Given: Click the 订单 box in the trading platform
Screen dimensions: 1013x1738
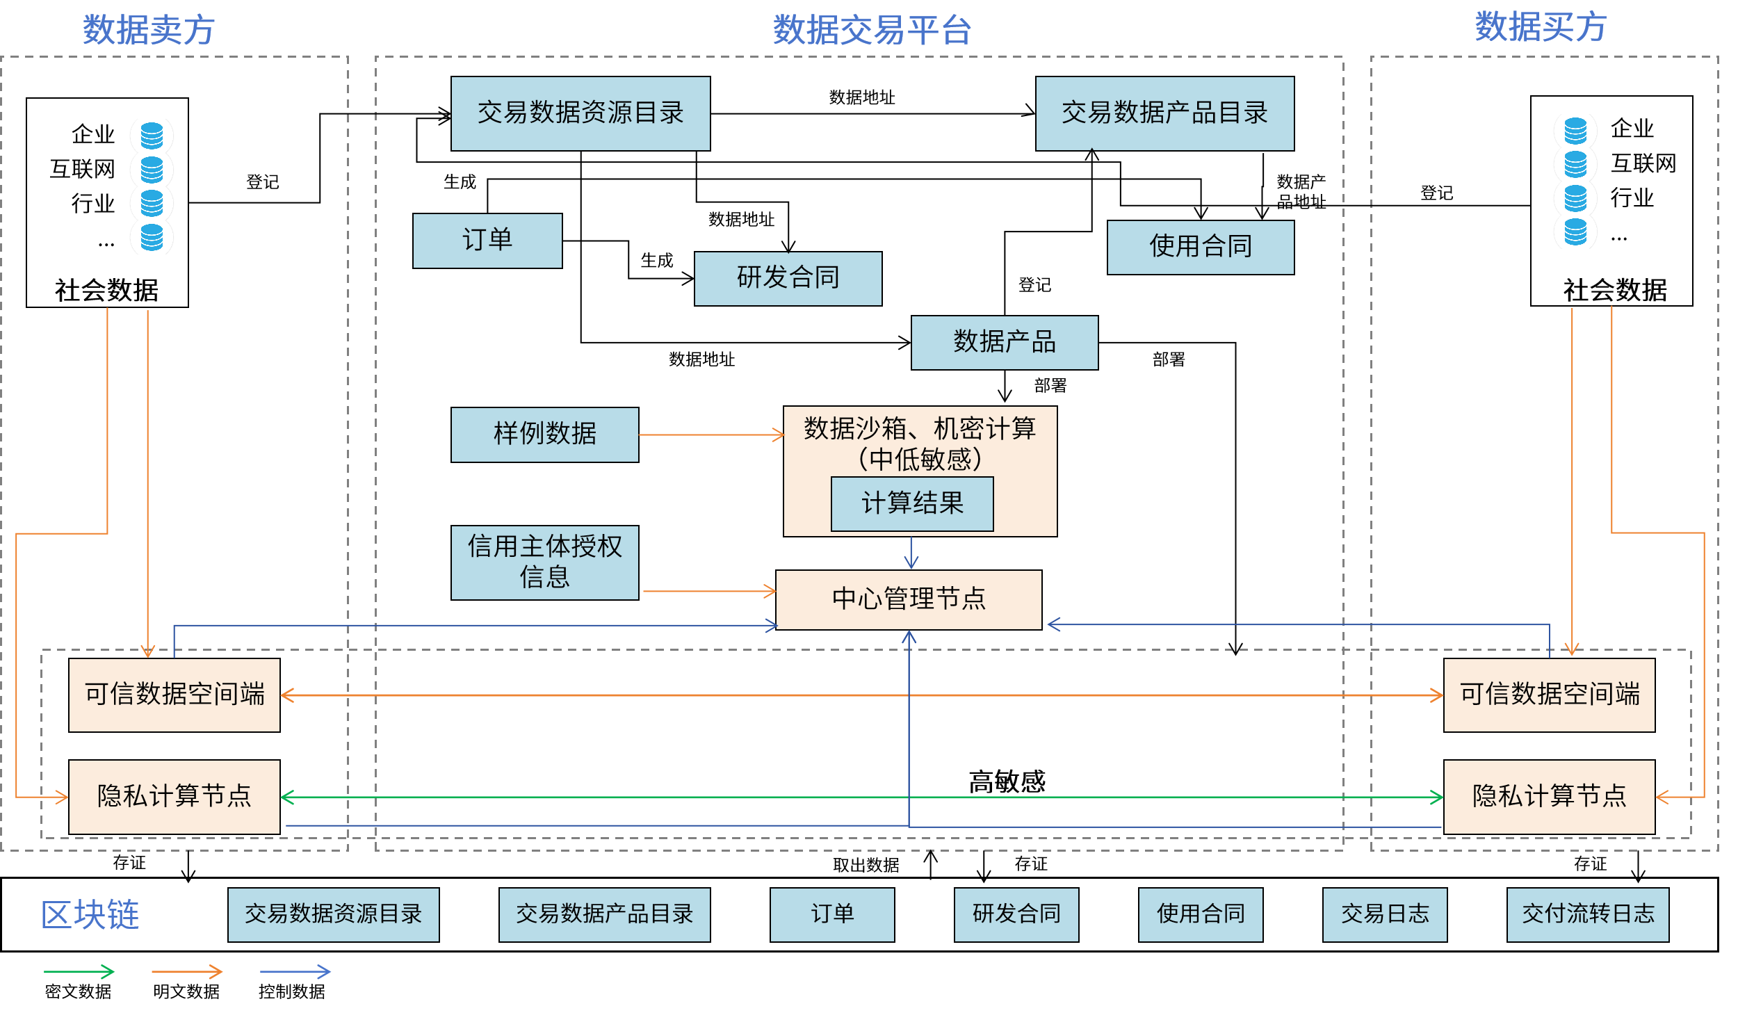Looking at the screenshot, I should click(487, 241).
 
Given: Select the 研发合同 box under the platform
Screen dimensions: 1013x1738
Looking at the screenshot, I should click(788, 278).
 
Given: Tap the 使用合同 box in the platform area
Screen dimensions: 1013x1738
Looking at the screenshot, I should click(1200, 247).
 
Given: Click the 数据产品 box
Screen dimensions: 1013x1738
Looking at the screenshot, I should click(1004, 342).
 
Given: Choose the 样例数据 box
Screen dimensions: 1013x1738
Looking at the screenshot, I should click(544, 435).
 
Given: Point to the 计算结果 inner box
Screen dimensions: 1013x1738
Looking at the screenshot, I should click(911, 503).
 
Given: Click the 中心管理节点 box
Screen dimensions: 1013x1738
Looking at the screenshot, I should click(908, 599).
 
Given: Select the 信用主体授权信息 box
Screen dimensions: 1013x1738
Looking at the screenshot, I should click(544, 562).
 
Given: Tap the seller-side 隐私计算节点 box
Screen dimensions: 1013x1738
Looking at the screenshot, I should click(174, 796).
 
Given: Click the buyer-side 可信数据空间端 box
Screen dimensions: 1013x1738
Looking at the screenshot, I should click(1548, 695).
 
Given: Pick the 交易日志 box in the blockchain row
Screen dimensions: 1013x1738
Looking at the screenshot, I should click(1384, 914).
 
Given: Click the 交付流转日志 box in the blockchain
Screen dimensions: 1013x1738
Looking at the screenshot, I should click(1587, 914).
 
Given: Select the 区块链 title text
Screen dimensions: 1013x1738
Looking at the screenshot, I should click(90, 914).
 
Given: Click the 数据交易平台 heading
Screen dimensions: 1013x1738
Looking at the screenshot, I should click(872, 31).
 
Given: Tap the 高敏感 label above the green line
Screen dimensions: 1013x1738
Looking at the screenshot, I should click(1007, 781).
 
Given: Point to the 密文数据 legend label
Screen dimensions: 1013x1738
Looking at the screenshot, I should click(78, 991).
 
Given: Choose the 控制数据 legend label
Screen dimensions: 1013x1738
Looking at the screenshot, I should click(291, 991).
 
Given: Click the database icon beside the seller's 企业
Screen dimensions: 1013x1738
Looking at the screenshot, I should click(152, 136).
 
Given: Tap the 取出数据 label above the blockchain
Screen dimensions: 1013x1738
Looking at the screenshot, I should click(866, 865).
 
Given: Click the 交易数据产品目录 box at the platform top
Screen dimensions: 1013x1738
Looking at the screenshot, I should click(1164, 113).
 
